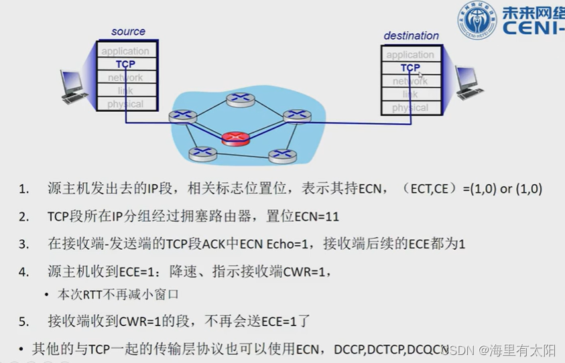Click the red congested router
point(235,139)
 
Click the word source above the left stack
point(128,31)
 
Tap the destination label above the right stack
point(411,35)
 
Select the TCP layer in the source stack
point(125,64)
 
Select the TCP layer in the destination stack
point(410,68)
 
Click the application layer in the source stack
point(125,51)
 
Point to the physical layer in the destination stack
point(410,107)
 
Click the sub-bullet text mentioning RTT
point(117,294)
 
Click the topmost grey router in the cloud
point(237,99)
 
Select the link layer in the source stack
point(125,90)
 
